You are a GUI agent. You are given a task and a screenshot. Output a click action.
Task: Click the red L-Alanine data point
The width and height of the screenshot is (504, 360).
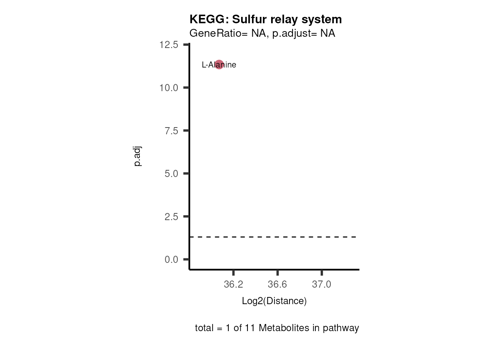219,64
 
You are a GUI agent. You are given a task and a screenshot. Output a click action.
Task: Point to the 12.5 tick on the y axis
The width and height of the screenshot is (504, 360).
169,45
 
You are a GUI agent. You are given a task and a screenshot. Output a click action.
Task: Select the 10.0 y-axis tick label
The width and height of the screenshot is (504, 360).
169,88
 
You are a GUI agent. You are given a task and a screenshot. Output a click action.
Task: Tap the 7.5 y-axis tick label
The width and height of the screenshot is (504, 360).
171,130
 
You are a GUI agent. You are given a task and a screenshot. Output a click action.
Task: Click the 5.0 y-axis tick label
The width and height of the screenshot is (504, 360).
171,174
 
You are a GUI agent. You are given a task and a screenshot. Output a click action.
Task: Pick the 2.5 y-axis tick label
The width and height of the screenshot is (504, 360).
171,217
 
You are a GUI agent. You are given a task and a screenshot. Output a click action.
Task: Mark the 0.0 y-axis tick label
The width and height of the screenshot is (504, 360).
171,259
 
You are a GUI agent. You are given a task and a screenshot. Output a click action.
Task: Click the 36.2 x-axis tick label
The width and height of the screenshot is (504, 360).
233,284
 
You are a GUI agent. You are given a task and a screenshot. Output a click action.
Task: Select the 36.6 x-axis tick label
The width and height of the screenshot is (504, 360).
277,284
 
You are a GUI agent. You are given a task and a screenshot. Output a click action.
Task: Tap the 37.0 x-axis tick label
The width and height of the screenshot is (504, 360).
322,284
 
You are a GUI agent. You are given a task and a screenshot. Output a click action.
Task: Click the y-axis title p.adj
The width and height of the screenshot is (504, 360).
138,156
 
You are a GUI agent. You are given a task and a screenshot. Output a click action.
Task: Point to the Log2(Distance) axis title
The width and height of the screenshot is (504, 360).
274,301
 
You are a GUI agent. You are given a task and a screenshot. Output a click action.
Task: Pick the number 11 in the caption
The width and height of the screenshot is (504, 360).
250,328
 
